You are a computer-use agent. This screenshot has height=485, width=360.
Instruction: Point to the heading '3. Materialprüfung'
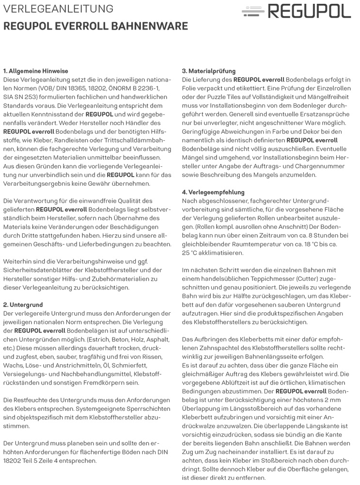coord(208,71)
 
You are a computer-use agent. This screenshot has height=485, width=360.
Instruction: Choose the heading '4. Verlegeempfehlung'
coord(213,193)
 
